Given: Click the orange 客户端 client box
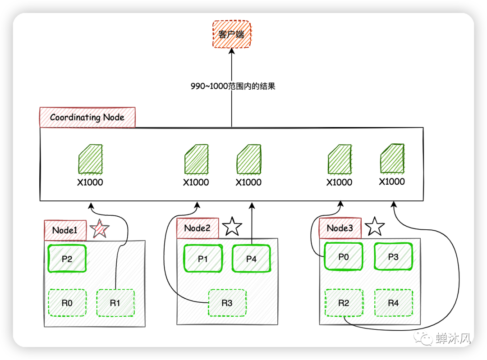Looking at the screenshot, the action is [232, 34].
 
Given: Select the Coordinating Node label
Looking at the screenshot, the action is [87, 117].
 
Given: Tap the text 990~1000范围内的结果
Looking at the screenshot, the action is [233, 86].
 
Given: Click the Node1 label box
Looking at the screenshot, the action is [65, 230].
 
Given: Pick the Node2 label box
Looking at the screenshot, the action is [198, 228].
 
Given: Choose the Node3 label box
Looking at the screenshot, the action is [340, 228].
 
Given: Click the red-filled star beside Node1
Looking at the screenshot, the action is [99, 229].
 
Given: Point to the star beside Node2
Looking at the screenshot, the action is [232, 227].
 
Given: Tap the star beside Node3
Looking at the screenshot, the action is [375, 227].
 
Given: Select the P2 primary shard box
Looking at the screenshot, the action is [67, 259].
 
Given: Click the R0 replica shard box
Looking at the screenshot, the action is [67, 303].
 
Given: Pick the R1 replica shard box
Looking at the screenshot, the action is [115, 303].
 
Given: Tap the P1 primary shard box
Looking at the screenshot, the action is [203, 259].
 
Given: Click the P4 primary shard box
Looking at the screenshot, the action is [251, 259].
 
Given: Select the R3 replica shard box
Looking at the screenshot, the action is [227, 303].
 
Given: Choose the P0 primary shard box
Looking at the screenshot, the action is [344, 257].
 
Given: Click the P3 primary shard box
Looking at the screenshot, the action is [393, 257].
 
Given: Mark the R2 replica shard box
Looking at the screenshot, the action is [344, 303].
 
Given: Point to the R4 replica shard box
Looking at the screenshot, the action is [394, 303].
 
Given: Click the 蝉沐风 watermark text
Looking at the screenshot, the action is [453, 338].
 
